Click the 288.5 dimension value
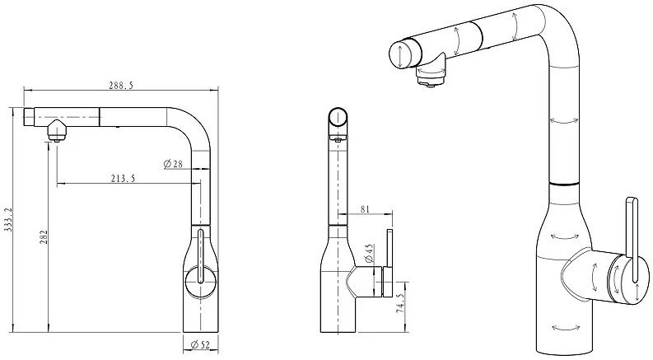[121, 86]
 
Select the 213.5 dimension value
[123, 178]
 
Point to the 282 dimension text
[44, 237]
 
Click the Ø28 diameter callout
[173, 164]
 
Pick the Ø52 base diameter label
[200, 344]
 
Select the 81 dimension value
[365, 209]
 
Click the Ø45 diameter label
[369, 254]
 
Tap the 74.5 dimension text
[400, 303]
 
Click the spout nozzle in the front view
[56, 131]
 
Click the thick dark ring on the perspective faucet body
[564, 184]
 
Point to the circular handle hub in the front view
[200, 282]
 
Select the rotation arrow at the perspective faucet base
[565, 328]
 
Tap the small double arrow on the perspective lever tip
[638, 292]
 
